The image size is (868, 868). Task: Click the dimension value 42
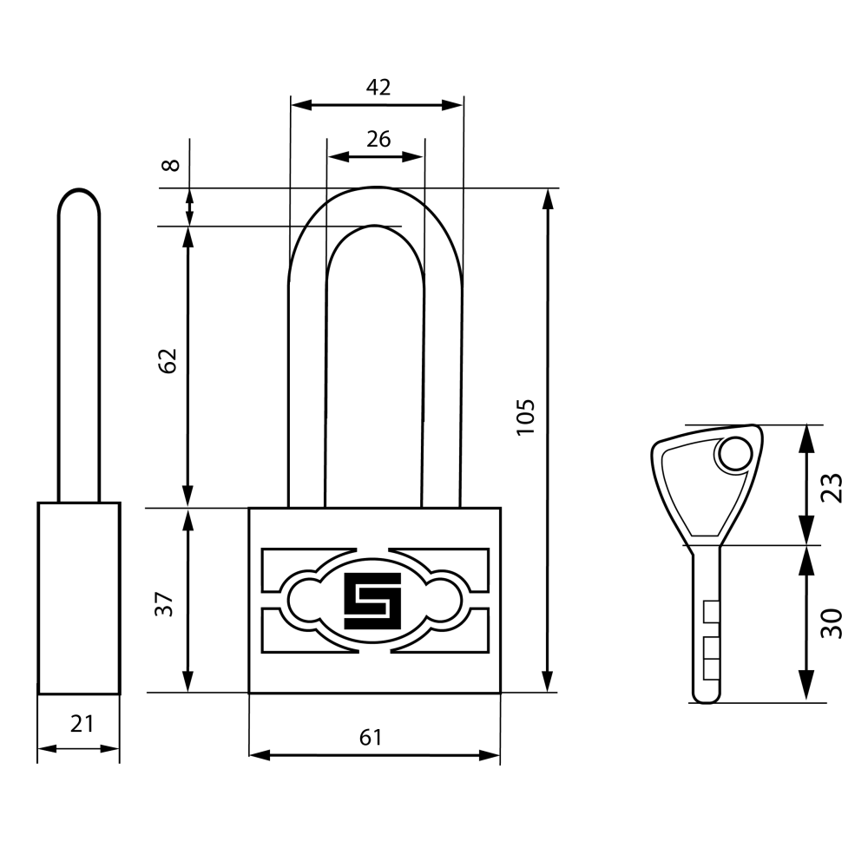click(378, 87)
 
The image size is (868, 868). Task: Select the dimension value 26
click(378, 139)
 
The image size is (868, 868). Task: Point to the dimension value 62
click(168, 361)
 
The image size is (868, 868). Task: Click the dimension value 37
click(164, 604)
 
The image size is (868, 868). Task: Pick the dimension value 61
click(371, 737)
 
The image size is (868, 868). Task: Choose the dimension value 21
click(82, 724)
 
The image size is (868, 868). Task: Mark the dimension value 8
click(171, 165)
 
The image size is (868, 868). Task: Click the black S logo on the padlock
click(372, 602)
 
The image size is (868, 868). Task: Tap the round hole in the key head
click(736, 454)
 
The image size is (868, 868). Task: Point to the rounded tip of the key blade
click(707, 697)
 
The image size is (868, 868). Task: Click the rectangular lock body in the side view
click(79, 598)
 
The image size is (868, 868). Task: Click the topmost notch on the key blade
click(712, 611)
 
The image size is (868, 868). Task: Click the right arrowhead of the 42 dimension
click(452, 105)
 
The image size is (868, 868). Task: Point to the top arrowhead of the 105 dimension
click(548, 200)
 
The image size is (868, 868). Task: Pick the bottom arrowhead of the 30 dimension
click(807, 687)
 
